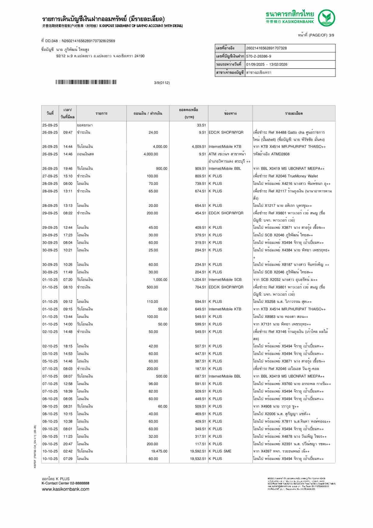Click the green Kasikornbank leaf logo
tap(327, 17)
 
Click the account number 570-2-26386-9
tap(259, 56)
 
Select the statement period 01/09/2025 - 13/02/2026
tap(267, 64)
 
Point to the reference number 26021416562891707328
tap(266, 48)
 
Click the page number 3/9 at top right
tap(331, 35)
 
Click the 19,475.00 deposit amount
tap(159, 451)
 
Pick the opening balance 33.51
tap(201, 125)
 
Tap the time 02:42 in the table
tap(68, 451)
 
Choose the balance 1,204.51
tap(199, 280)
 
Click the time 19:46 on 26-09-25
tap(68, 169)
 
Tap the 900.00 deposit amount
tap(161, 169)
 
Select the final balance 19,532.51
tap(198, 459)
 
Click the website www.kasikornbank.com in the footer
tap(65, 489)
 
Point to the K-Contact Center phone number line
tap(65, 483)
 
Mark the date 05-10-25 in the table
tap(50, 361)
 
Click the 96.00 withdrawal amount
tap(153, 384)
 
